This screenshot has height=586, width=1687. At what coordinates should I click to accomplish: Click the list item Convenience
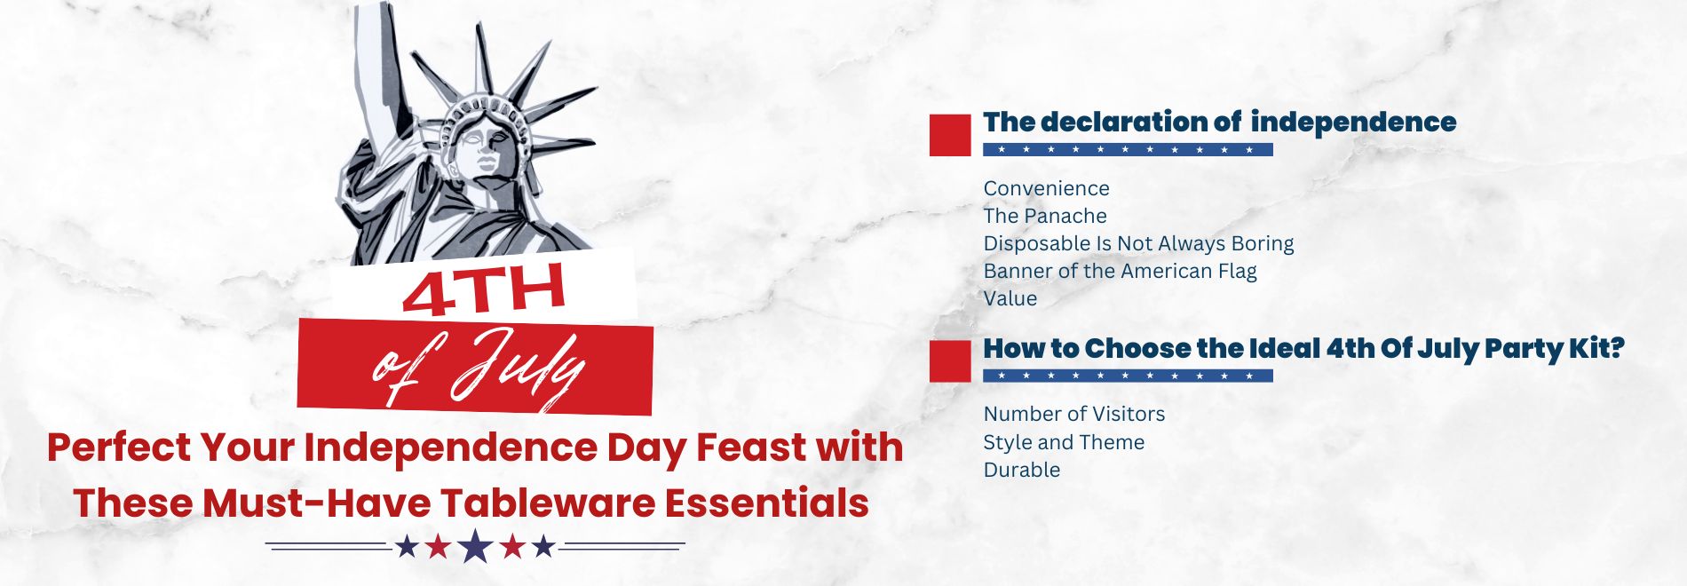click(x=1046, y=188)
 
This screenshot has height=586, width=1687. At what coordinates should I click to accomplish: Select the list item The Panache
click(x=1044, y=216)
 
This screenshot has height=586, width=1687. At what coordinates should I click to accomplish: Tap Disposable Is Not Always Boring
click(x=1137, y=243)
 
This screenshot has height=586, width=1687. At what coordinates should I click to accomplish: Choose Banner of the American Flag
click(x=1119, y=271)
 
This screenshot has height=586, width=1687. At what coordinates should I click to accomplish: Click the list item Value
click(x=1010, y=298)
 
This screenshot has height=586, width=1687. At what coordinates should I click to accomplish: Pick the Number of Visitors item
click(x=1073, y=414)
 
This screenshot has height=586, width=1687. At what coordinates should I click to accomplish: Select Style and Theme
click(x=1063, y=442)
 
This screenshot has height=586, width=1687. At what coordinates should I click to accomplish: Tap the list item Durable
click(x=1021, y=470)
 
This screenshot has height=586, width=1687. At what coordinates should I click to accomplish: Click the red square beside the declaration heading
click(x=950, y=135)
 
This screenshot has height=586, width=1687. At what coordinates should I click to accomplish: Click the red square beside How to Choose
click(x=950, y=361)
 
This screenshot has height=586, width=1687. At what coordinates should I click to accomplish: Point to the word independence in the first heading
click(x=1353, y=123)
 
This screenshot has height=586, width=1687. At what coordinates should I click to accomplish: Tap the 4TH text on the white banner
click(x=484, y=290)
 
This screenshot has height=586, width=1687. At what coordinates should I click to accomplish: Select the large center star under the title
click(x=475, y=546)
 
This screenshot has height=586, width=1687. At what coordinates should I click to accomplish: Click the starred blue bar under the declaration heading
click(x=1127, y=149)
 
